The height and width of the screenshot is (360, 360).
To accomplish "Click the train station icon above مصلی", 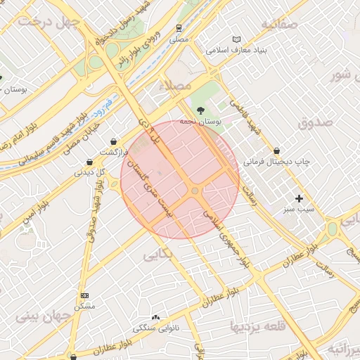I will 179,29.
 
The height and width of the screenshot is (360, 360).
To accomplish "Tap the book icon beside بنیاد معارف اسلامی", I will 236,39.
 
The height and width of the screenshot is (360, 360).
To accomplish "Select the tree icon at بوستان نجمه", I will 201,110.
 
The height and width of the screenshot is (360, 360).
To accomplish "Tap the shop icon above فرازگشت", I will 113,142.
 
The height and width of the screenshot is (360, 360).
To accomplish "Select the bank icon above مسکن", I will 85,295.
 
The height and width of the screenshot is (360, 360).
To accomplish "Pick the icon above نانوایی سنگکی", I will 155,318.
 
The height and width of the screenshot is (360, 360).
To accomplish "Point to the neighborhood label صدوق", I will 313,124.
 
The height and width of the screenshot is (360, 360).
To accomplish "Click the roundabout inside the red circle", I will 195,191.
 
